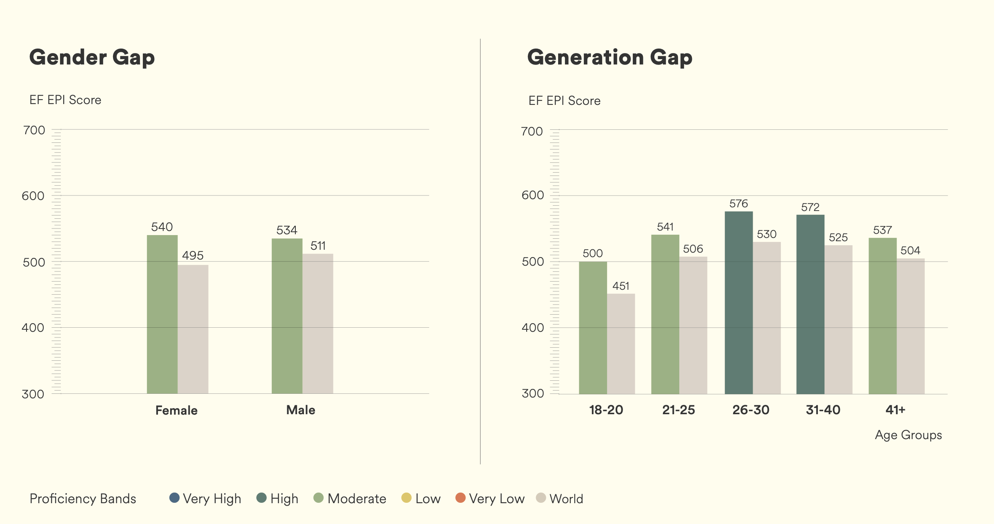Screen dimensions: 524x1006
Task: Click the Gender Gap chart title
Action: click(92, 57)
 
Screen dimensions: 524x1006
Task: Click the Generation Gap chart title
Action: click(609, 57)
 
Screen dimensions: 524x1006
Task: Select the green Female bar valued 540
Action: click(162, 314)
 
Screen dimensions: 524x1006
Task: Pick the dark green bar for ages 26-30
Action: click(738, 302)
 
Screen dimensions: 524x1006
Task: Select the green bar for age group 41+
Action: click(882, 316)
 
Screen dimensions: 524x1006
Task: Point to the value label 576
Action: click(738, 204)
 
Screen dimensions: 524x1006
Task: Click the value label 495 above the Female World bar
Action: click(193, 255)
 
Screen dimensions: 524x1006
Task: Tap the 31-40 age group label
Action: click(823, 410)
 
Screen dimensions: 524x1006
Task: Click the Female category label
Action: click(176, 410)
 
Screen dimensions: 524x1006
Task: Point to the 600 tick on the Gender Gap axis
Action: click(33, 196)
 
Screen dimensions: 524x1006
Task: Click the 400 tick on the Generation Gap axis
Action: click(532, 328)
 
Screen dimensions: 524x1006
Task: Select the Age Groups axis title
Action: click(908, 435)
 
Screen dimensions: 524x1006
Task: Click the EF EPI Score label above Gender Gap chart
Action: click(65, 100)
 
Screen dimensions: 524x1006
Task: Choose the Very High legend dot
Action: click(174, 498)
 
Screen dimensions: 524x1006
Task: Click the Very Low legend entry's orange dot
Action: click(460, 498)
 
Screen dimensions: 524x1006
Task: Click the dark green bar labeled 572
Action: click(810, 304)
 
